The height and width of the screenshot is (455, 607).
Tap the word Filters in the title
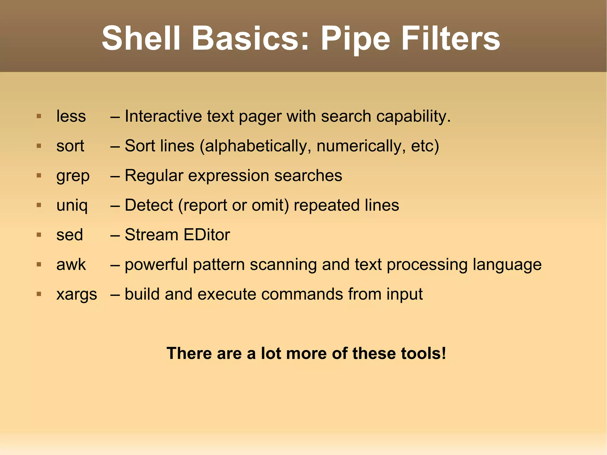click(451, 39)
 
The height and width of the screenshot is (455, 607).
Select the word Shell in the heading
click(141, 39)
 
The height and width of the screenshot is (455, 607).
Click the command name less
click(71, 116)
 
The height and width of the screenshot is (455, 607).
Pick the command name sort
click(70, 146)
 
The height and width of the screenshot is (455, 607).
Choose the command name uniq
click(72, 205)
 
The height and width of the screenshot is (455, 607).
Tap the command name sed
click(70, 235)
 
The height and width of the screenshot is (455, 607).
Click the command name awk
click(71, 265)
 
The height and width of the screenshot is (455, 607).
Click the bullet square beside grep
click(39, 175)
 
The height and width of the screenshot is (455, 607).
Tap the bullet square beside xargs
click(39, 294)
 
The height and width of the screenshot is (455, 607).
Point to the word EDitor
click(207, 235)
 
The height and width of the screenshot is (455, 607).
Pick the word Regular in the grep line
click(154, 175)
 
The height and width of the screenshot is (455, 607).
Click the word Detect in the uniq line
click(149, 205)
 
